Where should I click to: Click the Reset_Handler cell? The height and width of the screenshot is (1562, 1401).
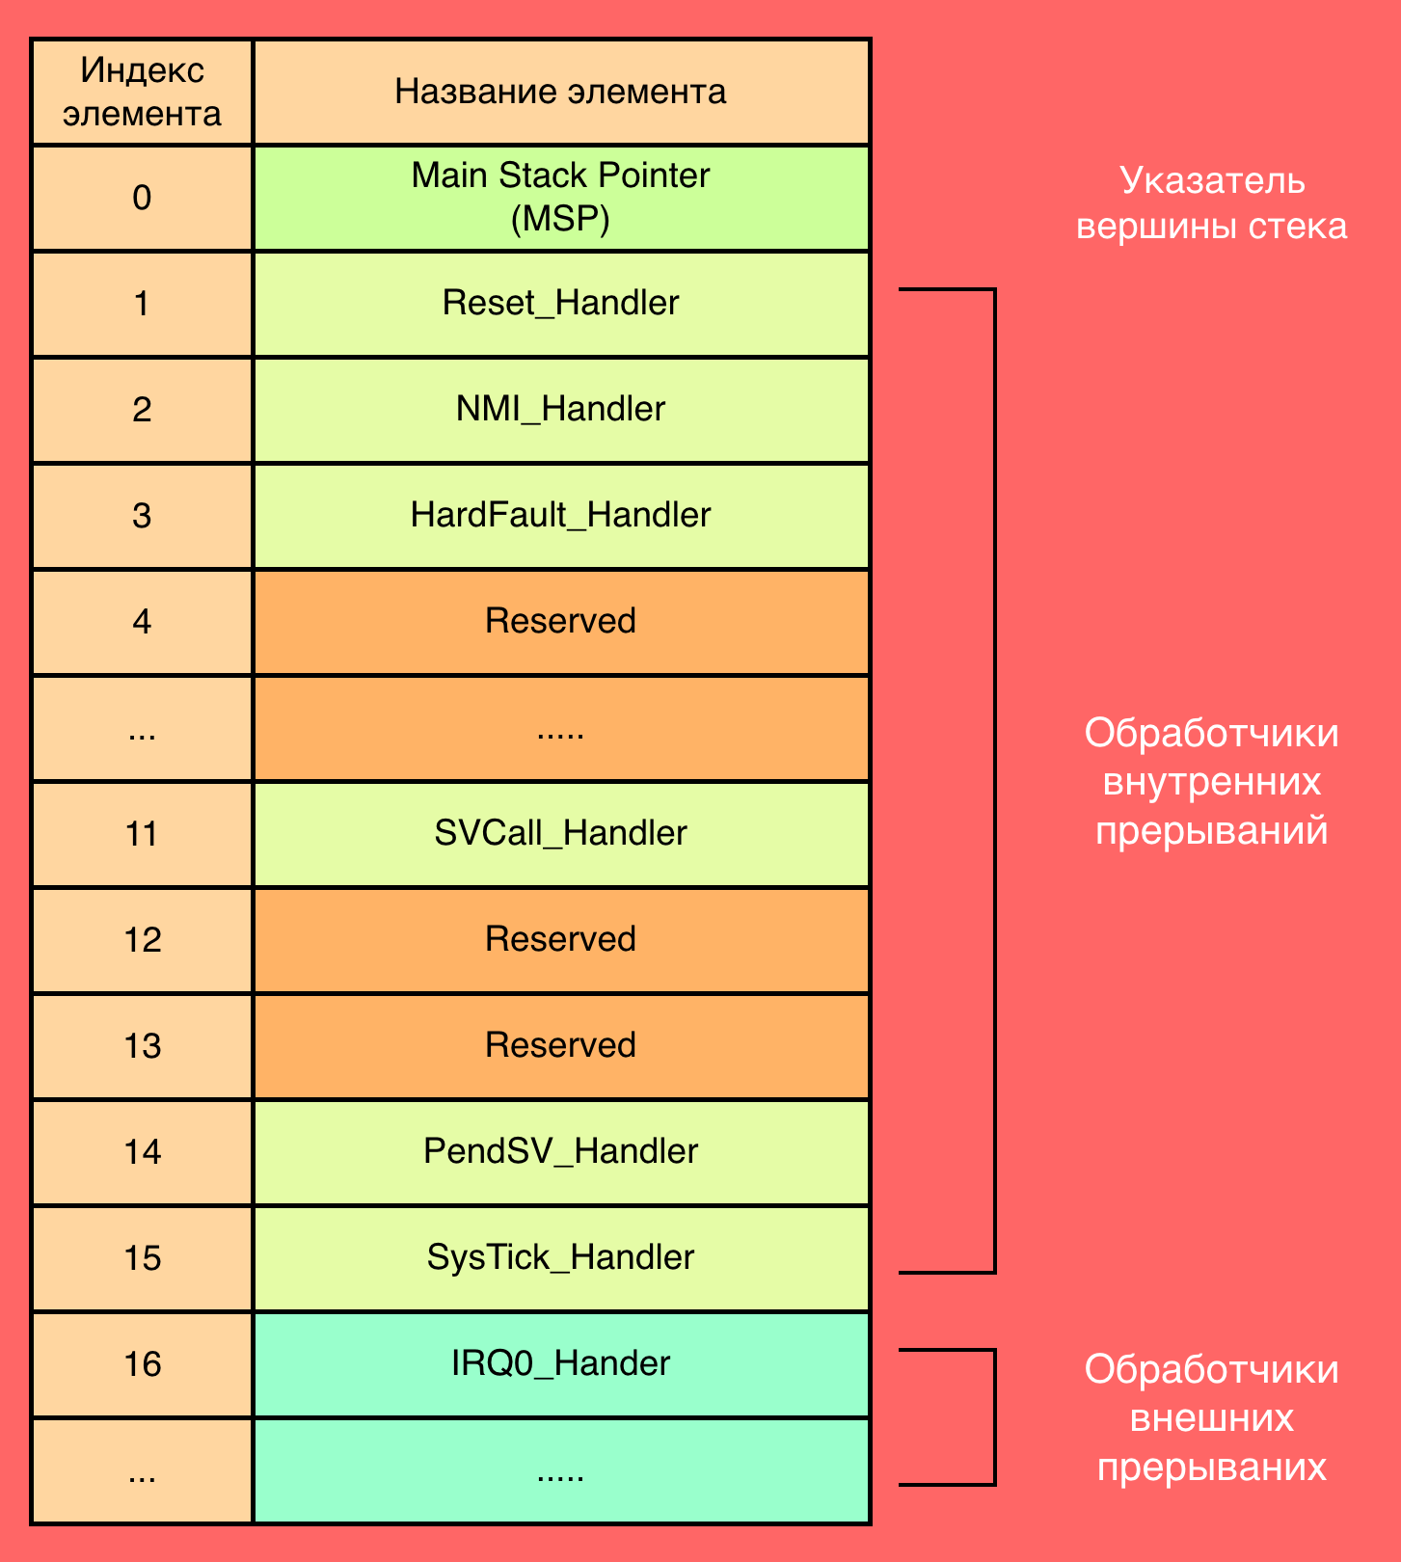561,304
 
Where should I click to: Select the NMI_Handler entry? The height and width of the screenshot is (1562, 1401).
561,410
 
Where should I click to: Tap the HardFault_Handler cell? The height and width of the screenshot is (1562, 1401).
561,516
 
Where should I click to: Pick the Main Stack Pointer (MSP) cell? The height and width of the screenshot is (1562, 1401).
561,198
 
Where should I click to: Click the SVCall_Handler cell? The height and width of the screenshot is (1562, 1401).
561,834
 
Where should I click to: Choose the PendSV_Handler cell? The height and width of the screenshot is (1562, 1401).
561,1152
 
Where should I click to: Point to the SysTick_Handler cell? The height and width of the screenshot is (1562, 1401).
561,1258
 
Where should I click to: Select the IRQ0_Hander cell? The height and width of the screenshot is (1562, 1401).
561,1364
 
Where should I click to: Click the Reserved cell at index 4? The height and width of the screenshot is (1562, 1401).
561,622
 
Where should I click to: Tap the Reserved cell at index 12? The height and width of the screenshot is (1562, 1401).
561,940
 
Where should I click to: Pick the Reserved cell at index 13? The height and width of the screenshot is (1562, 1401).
561,1046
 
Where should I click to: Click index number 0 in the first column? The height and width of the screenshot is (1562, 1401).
142,198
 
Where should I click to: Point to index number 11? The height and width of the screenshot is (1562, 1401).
142,834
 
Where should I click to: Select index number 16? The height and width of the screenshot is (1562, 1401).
142,1364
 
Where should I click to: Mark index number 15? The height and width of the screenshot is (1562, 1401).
142,1258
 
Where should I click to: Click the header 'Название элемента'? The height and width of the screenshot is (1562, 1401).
560,92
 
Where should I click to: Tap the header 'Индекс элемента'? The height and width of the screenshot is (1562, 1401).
142,92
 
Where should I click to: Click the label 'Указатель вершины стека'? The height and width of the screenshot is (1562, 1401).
1212,203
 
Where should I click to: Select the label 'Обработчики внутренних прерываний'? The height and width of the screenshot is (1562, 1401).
1212,782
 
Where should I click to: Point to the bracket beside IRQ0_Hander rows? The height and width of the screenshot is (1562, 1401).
994,1417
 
